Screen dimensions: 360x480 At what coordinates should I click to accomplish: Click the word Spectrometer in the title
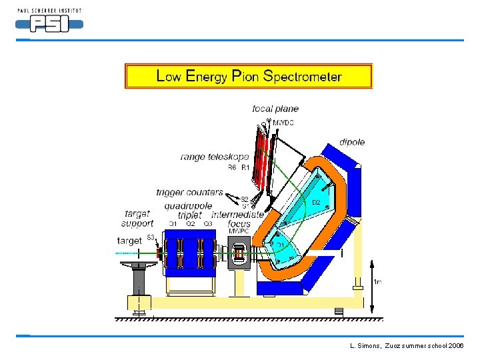click(303, 76)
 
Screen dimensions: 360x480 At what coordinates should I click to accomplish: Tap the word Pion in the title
click(246, 76)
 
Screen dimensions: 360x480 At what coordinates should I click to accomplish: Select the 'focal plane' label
click(275, 109)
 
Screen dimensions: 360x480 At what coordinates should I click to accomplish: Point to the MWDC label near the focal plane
click(283, 123)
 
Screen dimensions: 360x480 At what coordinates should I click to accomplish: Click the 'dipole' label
click(352, 142)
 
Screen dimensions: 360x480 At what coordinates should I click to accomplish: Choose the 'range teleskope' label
click(215, 157)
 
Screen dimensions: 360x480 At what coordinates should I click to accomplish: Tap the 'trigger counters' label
click(190, 193)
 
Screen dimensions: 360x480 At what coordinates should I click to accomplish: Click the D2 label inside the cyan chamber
click(317, 202)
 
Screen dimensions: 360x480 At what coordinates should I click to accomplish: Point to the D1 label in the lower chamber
click(281, 246)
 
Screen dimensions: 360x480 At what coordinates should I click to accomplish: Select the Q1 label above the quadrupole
click(173, 224)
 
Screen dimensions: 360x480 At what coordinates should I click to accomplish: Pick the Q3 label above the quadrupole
click(208, 224)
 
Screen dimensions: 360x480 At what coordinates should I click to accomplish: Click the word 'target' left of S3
click(129, 240)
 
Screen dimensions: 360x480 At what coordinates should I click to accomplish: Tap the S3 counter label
click(151, 238)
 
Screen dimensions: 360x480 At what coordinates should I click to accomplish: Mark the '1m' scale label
click(377, 282)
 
